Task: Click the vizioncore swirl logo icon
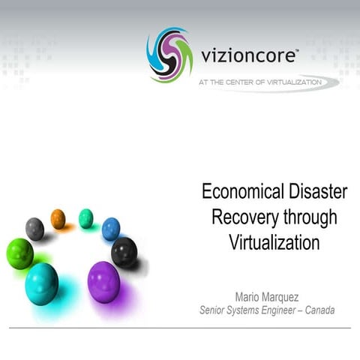coord(169,55)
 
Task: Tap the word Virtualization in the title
coord(274,243)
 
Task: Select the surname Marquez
coord(289,295)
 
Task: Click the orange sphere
coord(58,218)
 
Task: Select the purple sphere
coord(103,282)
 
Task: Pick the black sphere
coord(124,251)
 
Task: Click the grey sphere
coord(34,228)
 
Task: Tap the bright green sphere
coord(19,253)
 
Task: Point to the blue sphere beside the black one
coord(111,227)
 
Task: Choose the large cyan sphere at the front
coord(41,283)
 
